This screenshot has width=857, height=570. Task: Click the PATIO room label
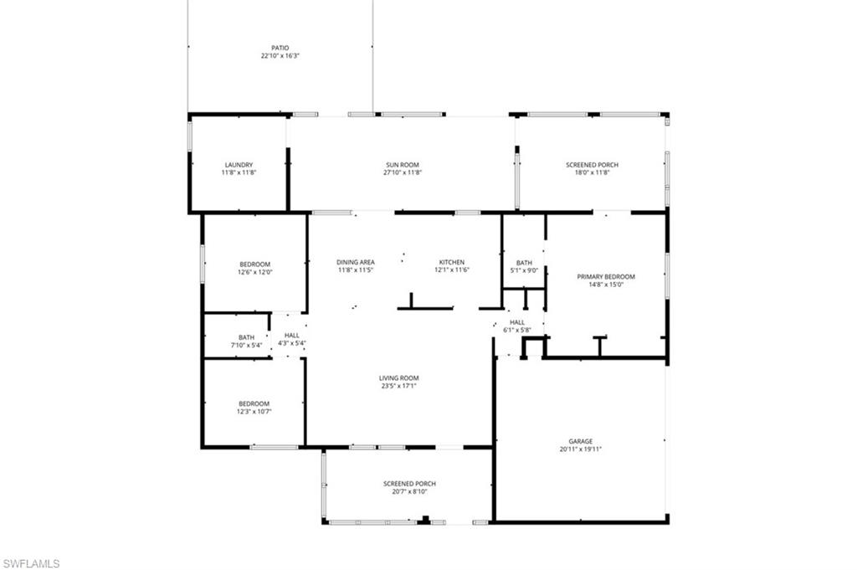pyautogui.click(x=280, y=48)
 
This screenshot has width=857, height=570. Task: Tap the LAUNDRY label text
pyautogui.click(x=239, y=165)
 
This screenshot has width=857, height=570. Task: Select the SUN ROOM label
pyautogui.click(x=403, y=165)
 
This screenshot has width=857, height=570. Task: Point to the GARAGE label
pyautogui.click(x=581, y=441)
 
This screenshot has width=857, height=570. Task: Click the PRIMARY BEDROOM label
pyautogui.click(x=606, y=276)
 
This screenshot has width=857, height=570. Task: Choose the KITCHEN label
pyautogui.click(x=451, y=262)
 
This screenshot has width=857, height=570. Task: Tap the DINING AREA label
pyautogui.click(x=356, y=262)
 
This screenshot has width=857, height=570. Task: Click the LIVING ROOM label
pyautogui.click(x=398, y=377)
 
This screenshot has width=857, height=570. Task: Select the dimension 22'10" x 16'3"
pyautogui.click(x=280, y=56)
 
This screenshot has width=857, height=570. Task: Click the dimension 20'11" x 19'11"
pyautogui.click(x=581, y=449)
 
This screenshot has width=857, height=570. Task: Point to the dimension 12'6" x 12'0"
pyautogui.click(x=255, y=272)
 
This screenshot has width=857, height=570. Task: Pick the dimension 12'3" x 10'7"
pyautogui.click(x=254, y=411)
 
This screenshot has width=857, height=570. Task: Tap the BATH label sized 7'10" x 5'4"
pyautogui.click(x=246, y=336)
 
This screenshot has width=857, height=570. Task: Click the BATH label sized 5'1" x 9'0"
pyautogui.click(x=524, y=262)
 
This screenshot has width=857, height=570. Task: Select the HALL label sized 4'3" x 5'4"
pyautogui.click(x=291, y=335)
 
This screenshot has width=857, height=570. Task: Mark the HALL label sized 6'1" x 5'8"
pyautogui.click(x=517, y=321)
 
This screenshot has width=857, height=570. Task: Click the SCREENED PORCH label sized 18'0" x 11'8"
pyautogui.click(x=592, y=165)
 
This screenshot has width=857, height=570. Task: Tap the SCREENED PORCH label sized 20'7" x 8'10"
pyautogui.click(x=409, y=484)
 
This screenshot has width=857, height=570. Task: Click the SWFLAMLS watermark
pyautogui.click(x=31, y=563)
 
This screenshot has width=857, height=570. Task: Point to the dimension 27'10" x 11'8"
pyautogui.click(x=403, y=173)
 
